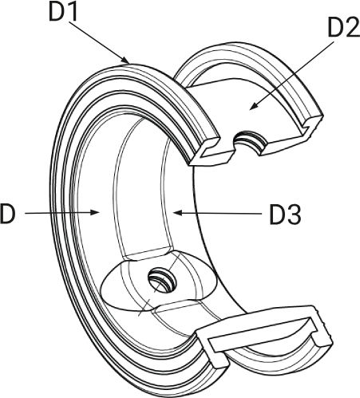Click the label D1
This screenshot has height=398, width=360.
pyautogui.click(x=63, y=11)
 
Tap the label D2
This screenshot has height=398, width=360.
pyautogui.click(x=344, y=27)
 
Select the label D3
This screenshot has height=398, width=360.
pyautogui.click(x=286, y=215)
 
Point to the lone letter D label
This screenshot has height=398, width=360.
pyautogui.click(x=7, y=214)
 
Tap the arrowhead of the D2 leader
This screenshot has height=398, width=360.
pyautogui.click(x=253, y=106)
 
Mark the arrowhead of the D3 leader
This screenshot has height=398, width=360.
pyautogui.click(x=177, y=213)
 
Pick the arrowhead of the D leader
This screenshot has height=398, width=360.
pyautogui.click(x=95, y=212)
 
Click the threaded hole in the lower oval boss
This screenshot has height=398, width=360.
pyautogui.click(x=162, y=280)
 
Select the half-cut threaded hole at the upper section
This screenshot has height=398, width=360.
pyautogui.click(x=249, y=142)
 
